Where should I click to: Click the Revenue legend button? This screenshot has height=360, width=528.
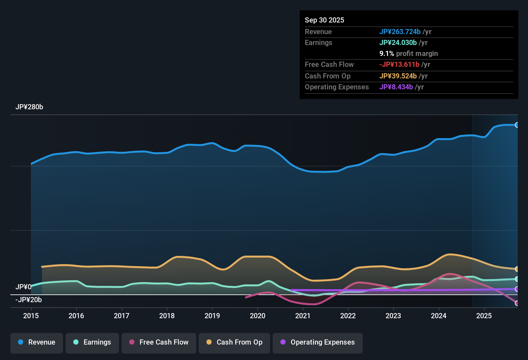(37, 342)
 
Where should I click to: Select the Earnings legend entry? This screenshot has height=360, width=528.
(92, 342)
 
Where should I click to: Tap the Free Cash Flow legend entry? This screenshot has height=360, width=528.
(159, 342)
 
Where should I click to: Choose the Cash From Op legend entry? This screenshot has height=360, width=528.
(234, 342)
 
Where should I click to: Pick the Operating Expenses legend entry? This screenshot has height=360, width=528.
(318, 342)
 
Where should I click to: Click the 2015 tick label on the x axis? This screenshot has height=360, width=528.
(31, 316)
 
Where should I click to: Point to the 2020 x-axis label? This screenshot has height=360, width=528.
(258, 316)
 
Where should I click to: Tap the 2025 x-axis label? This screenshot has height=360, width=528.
(484, 316)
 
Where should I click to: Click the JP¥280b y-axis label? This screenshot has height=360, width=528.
(29, 107)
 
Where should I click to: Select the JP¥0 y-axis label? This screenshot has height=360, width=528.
(23, 287)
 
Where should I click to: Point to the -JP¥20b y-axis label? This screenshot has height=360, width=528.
(29, 300)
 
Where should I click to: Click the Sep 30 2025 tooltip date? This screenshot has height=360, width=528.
(324, 20)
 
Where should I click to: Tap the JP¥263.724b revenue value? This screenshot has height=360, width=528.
(400, 32)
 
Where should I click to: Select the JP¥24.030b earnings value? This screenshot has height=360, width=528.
(398, 42)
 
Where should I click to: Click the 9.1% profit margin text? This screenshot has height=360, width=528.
(409, 53)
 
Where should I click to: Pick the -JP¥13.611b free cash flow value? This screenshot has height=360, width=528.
(399, 64)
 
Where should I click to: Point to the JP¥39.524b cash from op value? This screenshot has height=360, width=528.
(398, 76)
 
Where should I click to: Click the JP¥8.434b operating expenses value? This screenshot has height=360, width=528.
(396, 87)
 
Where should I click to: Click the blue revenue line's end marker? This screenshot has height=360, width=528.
(517, 125)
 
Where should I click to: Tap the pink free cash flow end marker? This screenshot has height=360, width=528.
(517, 303)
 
